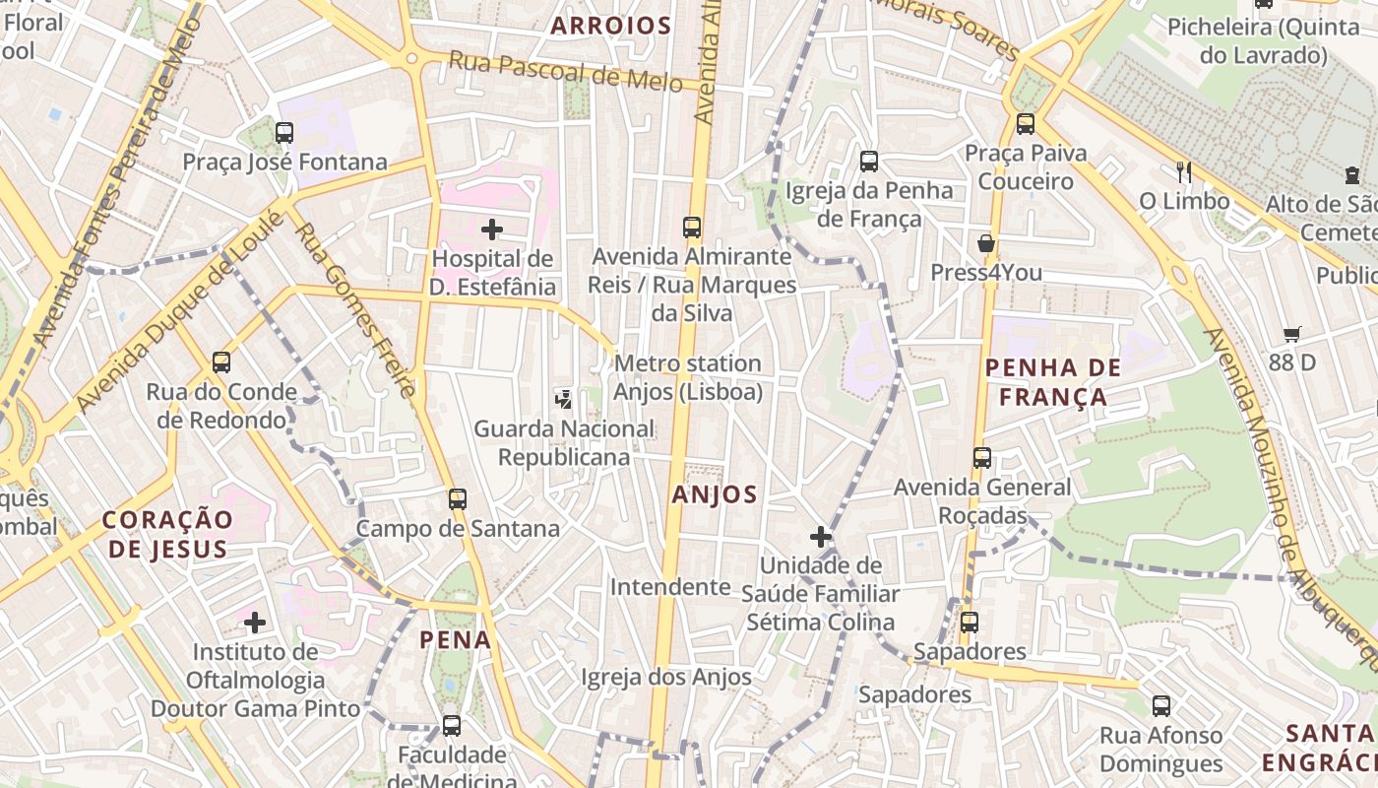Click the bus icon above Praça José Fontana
point(284,132)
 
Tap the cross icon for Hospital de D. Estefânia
point(492,230)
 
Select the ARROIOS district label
point(611,26)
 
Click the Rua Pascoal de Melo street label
point(565,72)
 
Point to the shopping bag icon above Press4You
point(985,243)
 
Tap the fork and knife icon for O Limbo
point(1184,172)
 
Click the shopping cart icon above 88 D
point(1292,334)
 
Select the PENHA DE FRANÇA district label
point(1053,382)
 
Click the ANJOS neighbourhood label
point(715,494)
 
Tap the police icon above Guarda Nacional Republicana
point(564,399)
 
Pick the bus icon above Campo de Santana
point(457,498)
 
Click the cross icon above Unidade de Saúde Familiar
point(820,537)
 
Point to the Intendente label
point(670,587)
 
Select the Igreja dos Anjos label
point(666,677)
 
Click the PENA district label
point(455,640)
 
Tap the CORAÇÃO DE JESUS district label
point(168,534)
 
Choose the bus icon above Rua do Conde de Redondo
point(221,362)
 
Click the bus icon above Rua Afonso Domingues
point(1161,705)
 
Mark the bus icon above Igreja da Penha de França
point(869,161)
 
